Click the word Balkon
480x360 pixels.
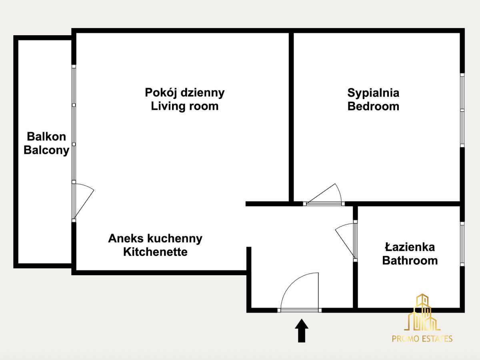tap(46, 137)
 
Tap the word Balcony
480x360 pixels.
tap(46, 150)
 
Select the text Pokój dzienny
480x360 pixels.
tap(185, 93)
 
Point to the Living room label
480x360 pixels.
tap(185, 106)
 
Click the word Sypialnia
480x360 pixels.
tap(373, 93)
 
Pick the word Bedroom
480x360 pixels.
tap(373, 106)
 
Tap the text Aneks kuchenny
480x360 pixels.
tap(155, 238)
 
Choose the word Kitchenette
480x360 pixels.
tap(155, 252)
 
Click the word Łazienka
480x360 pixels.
tap(410, 247)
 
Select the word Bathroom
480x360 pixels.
tap(410, 261)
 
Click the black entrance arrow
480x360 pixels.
tap(302, 330)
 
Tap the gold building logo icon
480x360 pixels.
tap(422, 312)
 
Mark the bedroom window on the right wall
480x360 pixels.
tap(462, 110)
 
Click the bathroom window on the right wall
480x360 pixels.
tap(462, 244)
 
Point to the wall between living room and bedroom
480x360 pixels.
tap(291, 117)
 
